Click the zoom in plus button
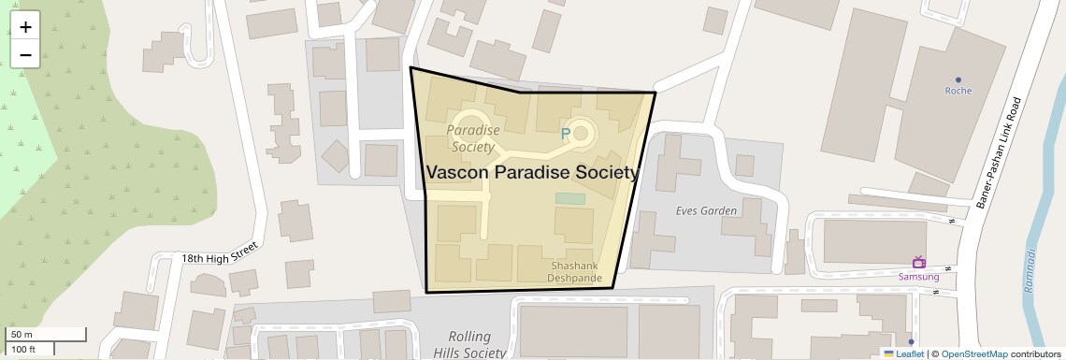(25, 27)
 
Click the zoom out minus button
(25, 54)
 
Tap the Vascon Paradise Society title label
(533, 173)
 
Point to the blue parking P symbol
(565, 135)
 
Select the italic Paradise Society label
(472, 138)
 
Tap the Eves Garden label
(706, 210)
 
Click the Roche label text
(958, 91)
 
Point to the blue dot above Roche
(958, 79)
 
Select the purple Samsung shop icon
(918, 262)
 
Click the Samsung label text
(918, 277)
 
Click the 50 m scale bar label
(22, 335)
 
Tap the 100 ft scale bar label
(23, 349)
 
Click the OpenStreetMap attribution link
(973, 354)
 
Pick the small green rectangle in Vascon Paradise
(569, 198)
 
